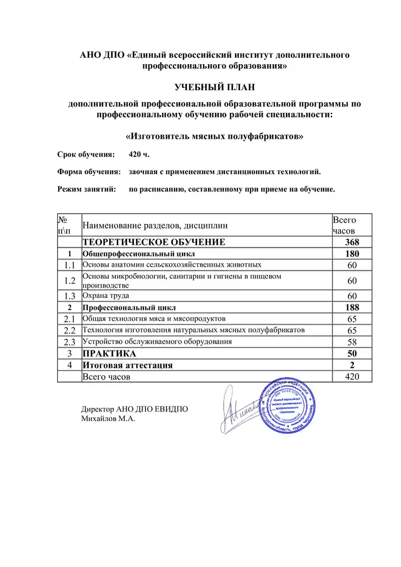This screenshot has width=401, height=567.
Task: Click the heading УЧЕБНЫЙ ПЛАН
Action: pos(215,88)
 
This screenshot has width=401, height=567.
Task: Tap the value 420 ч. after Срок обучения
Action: pos(139,153)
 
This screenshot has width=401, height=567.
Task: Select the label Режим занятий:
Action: pos(87,190)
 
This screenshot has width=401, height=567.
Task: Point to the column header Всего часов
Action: pos(344,226)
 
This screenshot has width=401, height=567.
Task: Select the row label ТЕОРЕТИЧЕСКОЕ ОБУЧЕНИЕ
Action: pos(154,242)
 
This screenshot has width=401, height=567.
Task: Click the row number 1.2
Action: pos(70,280)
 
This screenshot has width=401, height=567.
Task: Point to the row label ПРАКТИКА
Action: pos(109,353)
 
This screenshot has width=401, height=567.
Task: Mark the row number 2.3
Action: pos(70,342)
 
